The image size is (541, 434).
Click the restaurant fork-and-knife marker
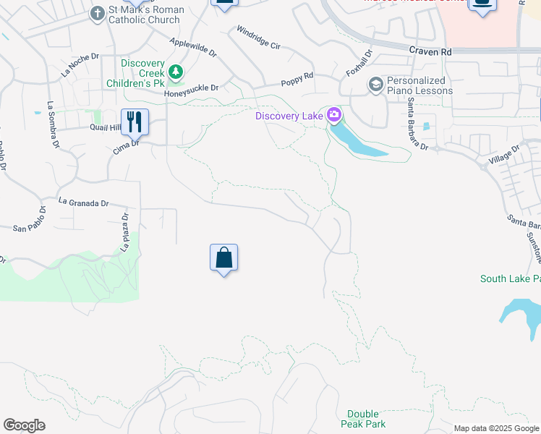click(x=135, y=122)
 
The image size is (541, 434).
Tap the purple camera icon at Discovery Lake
click(x=334, y=114)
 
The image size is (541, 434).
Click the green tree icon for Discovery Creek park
click(x=175, y=72)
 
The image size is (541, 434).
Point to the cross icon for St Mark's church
click(x=98, y=13)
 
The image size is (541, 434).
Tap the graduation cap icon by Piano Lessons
click(x=375, y=85)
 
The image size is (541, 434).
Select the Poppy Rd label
click(x=297, y=76)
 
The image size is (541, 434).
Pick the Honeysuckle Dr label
click(x=191, y=88)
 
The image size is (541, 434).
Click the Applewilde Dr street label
click(x=193, y=47)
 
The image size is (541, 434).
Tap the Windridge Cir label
click(x=258, y=39)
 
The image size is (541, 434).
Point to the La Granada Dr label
click(x=83, y=203)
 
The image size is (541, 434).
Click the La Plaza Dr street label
click(x=124, y=232)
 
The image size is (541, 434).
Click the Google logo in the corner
click(x=24, y=425)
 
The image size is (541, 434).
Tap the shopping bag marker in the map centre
click(x=223, y=258)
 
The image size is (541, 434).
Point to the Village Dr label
click(x=504, y=154)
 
